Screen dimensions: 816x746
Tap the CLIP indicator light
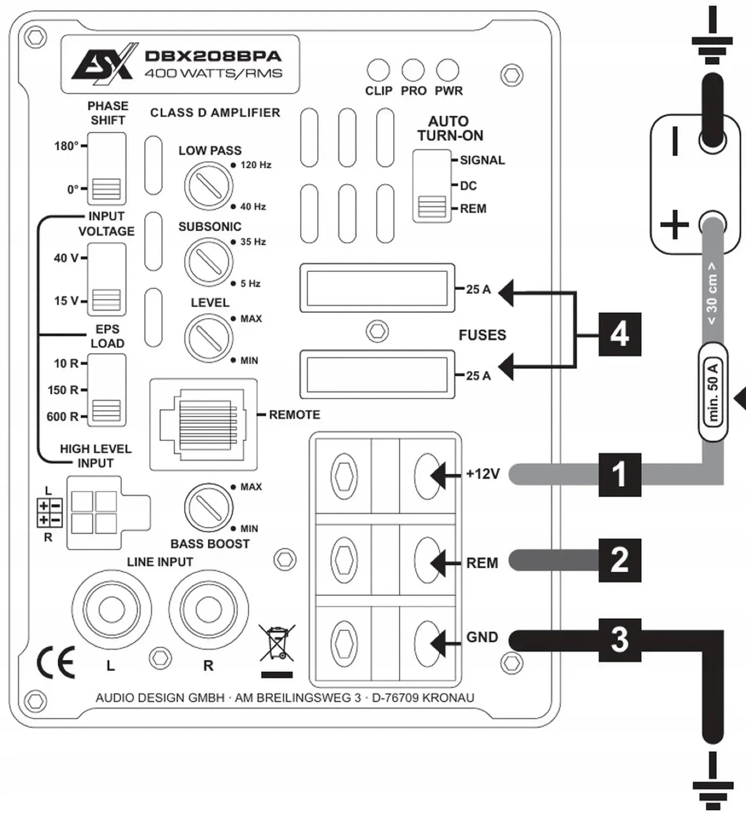(x=378, y=70)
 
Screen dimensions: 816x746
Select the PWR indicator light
(x=448, y=70)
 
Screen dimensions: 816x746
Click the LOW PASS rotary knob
(x=209, y=185)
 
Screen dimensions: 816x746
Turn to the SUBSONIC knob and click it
(x=209, y=262)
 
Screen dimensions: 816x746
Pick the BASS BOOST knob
(x=209, y=507)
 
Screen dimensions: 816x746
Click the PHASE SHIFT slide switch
(x=106, y=168)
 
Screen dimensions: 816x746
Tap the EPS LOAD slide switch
(x=106, y=390)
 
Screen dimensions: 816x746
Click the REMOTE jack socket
(x=203, y=424)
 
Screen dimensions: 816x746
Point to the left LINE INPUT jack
(x=111, y=609)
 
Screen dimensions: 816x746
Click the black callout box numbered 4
(x=620, y=334)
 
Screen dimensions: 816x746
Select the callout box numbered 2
(x=620, y=560)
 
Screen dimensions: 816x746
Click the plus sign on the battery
(x=674, y=224)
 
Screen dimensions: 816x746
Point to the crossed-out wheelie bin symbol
(x=277, y=644)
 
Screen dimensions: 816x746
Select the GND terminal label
(x=482, y=637)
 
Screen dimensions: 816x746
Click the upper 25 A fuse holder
(x=377, y=288)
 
